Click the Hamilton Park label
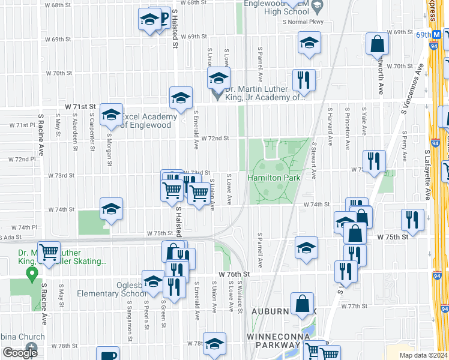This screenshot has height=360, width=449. [x=270, y=177]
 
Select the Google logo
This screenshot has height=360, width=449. [x=20, y=353]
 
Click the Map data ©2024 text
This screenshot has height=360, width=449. [x=424, y=355]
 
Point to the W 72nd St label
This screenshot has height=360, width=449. [x=215, y=138]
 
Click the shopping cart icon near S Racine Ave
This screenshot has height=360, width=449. [x=49, y=251]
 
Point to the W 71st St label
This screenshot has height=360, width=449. [x=80, y=106]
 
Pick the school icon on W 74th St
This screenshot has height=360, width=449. [x=111, y=209]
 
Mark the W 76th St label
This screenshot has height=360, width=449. [x=233, y=274]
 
